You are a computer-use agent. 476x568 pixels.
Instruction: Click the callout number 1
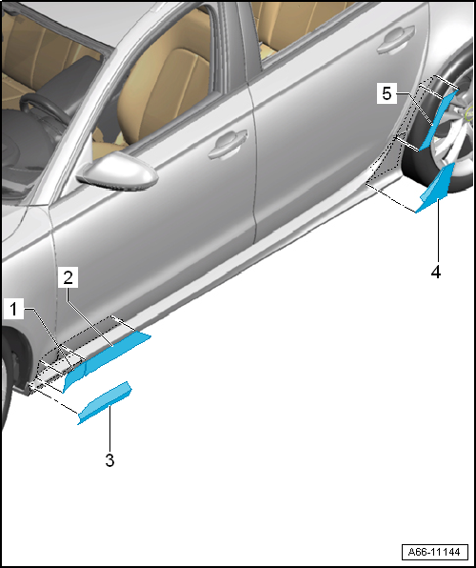point(13,310)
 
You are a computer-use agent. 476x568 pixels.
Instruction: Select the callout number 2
point(68,278)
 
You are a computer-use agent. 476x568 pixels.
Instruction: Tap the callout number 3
point(109,460)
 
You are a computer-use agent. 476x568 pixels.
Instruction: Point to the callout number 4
point(436,272)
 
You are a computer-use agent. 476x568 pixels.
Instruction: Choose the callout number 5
point(387,93)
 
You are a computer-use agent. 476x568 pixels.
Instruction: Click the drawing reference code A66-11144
point(434,552)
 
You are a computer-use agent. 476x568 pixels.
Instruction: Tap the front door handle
point(228,143)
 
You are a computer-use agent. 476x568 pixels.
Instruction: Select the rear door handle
point(396,38)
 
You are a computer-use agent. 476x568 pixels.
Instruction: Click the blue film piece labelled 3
point(105,402)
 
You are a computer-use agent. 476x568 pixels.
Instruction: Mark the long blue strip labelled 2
point(116,351)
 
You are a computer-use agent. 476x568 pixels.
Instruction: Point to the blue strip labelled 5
point(438,119)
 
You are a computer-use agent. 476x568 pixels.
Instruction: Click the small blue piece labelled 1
point(73,376)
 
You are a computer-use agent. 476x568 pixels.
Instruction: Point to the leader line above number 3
point(110,428)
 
